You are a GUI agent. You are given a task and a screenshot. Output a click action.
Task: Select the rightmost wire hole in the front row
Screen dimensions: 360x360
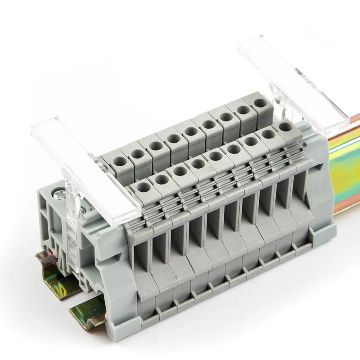point(284,126)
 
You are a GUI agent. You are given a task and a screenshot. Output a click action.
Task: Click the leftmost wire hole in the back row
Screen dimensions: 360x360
point(120,162)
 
